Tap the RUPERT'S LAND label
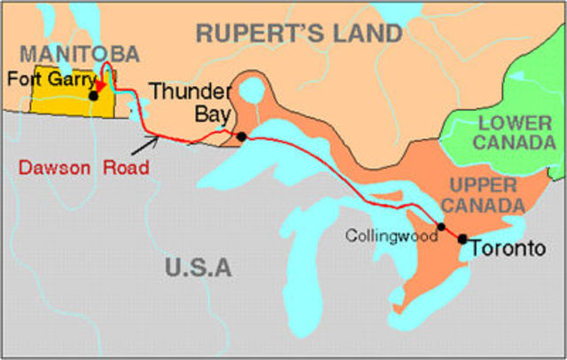[299, 34]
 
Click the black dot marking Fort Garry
[93, 95]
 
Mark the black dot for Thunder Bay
[241, 136]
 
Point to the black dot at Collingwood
[441, 227]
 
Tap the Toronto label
[508, 249]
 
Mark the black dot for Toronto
[462, 239]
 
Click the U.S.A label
[197, 266]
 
